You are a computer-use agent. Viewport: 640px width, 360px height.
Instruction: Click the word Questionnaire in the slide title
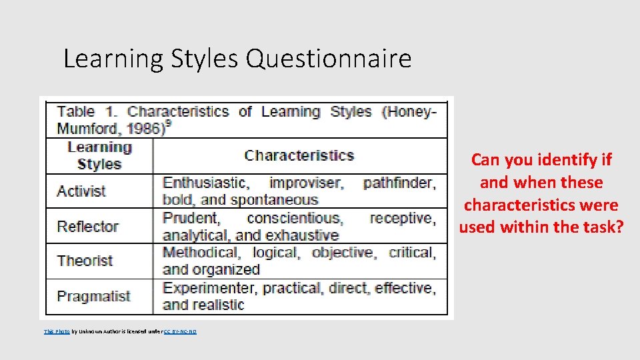coord(329,59)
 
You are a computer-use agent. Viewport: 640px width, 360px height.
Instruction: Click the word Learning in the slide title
coord(112,59)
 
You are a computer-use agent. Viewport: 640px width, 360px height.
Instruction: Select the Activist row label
coord(81,191)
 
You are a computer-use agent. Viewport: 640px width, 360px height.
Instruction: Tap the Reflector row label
coord(87,227)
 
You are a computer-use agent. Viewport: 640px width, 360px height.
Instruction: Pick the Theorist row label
coord(85,261)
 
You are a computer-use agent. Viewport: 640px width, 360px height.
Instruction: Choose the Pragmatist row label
coord(93,296)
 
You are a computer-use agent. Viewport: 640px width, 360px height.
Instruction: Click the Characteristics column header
coord(299,155)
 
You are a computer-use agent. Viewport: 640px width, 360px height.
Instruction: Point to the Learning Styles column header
coord(99,155)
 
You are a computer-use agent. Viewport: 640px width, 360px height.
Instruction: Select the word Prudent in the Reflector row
coord(191,218)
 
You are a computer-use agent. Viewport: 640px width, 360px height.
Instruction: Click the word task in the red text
coord(604,227)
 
